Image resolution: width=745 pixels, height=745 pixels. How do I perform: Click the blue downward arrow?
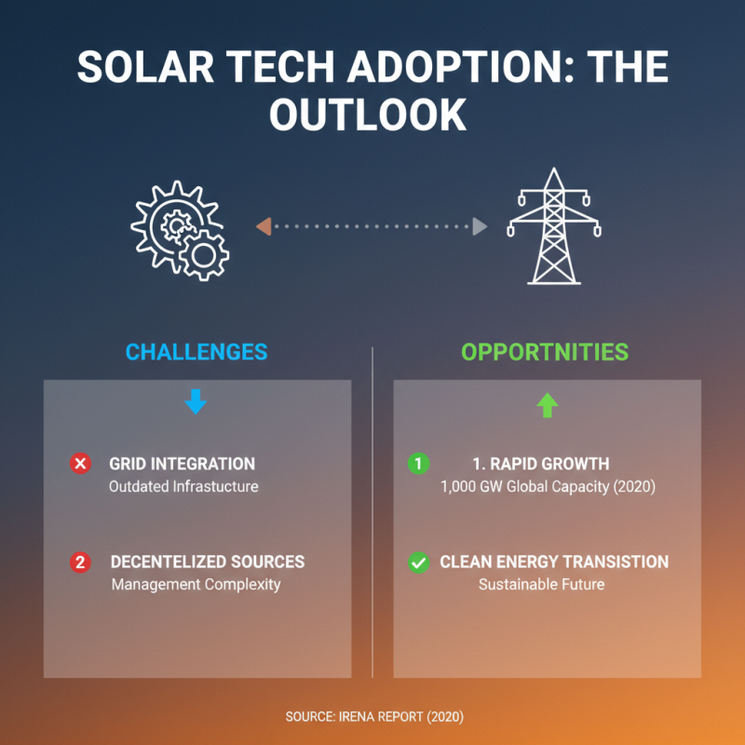pyautogui.click(x=196, y=403)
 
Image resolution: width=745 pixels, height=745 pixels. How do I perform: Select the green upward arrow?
pyautogui.click(x=547, y=404)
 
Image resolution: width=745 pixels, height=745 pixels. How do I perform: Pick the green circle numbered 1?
pyautogui.click(x=418, y=464)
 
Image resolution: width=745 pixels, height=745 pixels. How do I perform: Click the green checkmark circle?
pyautogui.click(x=418, y=562)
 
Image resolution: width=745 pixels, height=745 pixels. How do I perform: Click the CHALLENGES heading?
pyautogui.click(x=196, y=352)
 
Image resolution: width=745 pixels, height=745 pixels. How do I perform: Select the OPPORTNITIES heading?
pyautogui.click(x=545, y=352)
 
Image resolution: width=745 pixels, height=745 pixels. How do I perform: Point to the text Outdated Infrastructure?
pyautogui.click(x=183, y=486)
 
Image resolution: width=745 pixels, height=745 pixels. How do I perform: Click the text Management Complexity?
pyautogui.click(x=196, y=585)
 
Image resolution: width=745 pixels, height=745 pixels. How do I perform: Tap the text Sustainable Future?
pyautogui.click(x=541, y=585)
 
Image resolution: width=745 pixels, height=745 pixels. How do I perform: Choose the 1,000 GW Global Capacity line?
pyautogui.click(x=548, y=486)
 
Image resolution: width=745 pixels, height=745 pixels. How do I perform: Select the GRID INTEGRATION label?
pyautogui.click(x=182, y=464)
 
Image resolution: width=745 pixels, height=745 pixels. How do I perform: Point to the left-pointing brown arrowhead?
pyautogui.click(x=264, y=226)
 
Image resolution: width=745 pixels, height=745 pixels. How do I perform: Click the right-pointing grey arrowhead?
pyautogui.click(x=480, y=226)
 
